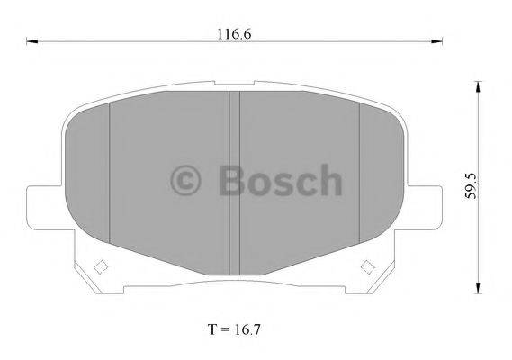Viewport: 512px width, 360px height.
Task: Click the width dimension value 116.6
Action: pyautogui.click(x=233, y=33)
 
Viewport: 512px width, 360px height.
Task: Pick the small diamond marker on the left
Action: pyautogui.click(x=100, y=266)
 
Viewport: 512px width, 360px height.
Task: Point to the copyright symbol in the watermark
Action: pyautogui.click(x=187, y=180)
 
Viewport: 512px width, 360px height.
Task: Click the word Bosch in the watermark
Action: pyautogui.click(x=280, y=180)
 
